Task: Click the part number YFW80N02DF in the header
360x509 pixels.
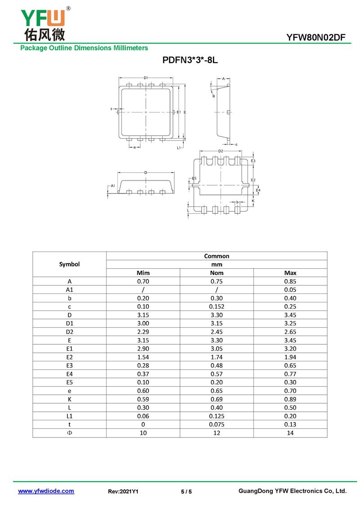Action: click(x=316, y=38)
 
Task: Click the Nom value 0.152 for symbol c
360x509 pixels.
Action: click(x=216, y=306)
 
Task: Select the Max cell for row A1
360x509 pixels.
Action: click(x=290, y=289)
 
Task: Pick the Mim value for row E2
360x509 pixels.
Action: click(x=143, y=357)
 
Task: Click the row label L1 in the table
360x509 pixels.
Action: click(x=69, y=416)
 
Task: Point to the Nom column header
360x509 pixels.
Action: click(x=216, y=273)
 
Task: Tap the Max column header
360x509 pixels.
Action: click(x=290, y=273)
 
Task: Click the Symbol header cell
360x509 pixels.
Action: click(x=69, y=264)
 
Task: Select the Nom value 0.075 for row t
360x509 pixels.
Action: click(x=216, y=424)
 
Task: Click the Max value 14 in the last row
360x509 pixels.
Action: click(x=290, y=433)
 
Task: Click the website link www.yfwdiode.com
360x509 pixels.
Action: click(x=46, y=491)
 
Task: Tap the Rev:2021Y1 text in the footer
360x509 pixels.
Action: click(x=123, y=491)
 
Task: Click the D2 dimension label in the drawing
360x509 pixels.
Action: click(x=220, y=151)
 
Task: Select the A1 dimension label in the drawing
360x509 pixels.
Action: click(x=113, y=185)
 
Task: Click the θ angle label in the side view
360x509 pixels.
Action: click(x=213, y=96)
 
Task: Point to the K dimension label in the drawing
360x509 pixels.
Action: click(x=253, y=201)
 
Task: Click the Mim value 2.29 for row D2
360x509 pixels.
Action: click(x=143, y=332)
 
